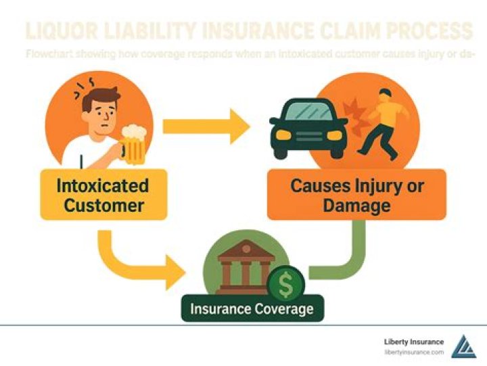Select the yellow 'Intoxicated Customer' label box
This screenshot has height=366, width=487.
click(103, 195)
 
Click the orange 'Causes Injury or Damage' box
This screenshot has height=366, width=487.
click(356, 194)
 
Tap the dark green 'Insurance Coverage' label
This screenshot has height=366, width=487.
click(252, 309)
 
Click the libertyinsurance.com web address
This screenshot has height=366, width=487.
click(414, 352)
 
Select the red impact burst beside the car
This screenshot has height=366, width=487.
click(353, 112)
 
